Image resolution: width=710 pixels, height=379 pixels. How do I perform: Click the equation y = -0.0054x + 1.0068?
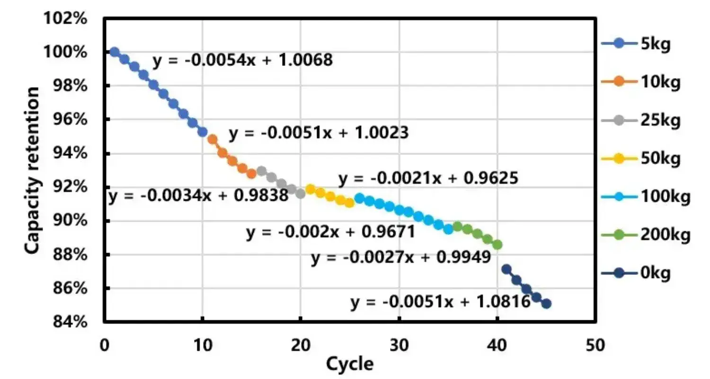click(x=242, y=61)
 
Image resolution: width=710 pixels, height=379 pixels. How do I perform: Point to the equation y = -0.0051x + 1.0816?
click(x=440, y=302)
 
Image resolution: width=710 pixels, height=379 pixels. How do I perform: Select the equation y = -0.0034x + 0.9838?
click(x=198, y=196)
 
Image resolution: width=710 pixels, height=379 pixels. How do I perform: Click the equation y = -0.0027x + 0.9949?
click(x=400, y=258)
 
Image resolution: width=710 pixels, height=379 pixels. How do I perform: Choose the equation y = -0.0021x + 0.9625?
click(x=428, y=179)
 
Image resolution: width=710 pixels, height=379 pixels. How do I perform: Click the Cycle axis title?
click(x=350, y=364)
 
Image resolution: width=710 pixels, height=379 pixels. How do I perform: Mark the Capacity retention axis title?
click(x=32, y=171)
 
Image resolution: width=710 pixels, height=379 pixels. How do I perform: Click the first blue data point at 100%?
click(x=114, y=52)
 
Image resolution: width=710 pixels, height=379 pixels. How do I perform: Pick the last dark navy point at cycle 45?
click(x=546, y=303)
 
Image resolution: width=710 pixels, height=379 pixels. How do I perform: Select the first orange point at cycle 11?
click(x=213, y=139)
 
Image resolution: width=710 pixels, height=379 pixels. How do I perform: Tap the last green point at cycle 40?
click(x=497, y=244)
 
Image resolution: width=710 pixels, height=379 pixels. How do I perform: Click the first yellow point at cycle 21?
click(x=311, y=189)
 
